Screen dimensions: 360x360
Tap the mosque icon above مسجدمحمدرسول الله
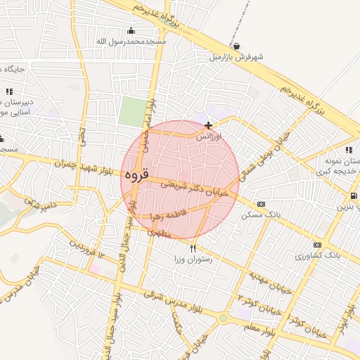(131, 30)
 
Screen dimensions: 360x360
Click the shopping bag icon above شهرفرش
(236, 46)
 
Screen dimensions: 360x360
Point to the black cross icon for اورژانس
(208, 125)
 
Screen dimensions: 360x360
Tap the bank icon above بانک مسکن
(262, 204)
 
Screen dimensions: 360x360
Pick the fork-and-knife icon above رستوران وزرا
(193, 249)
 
